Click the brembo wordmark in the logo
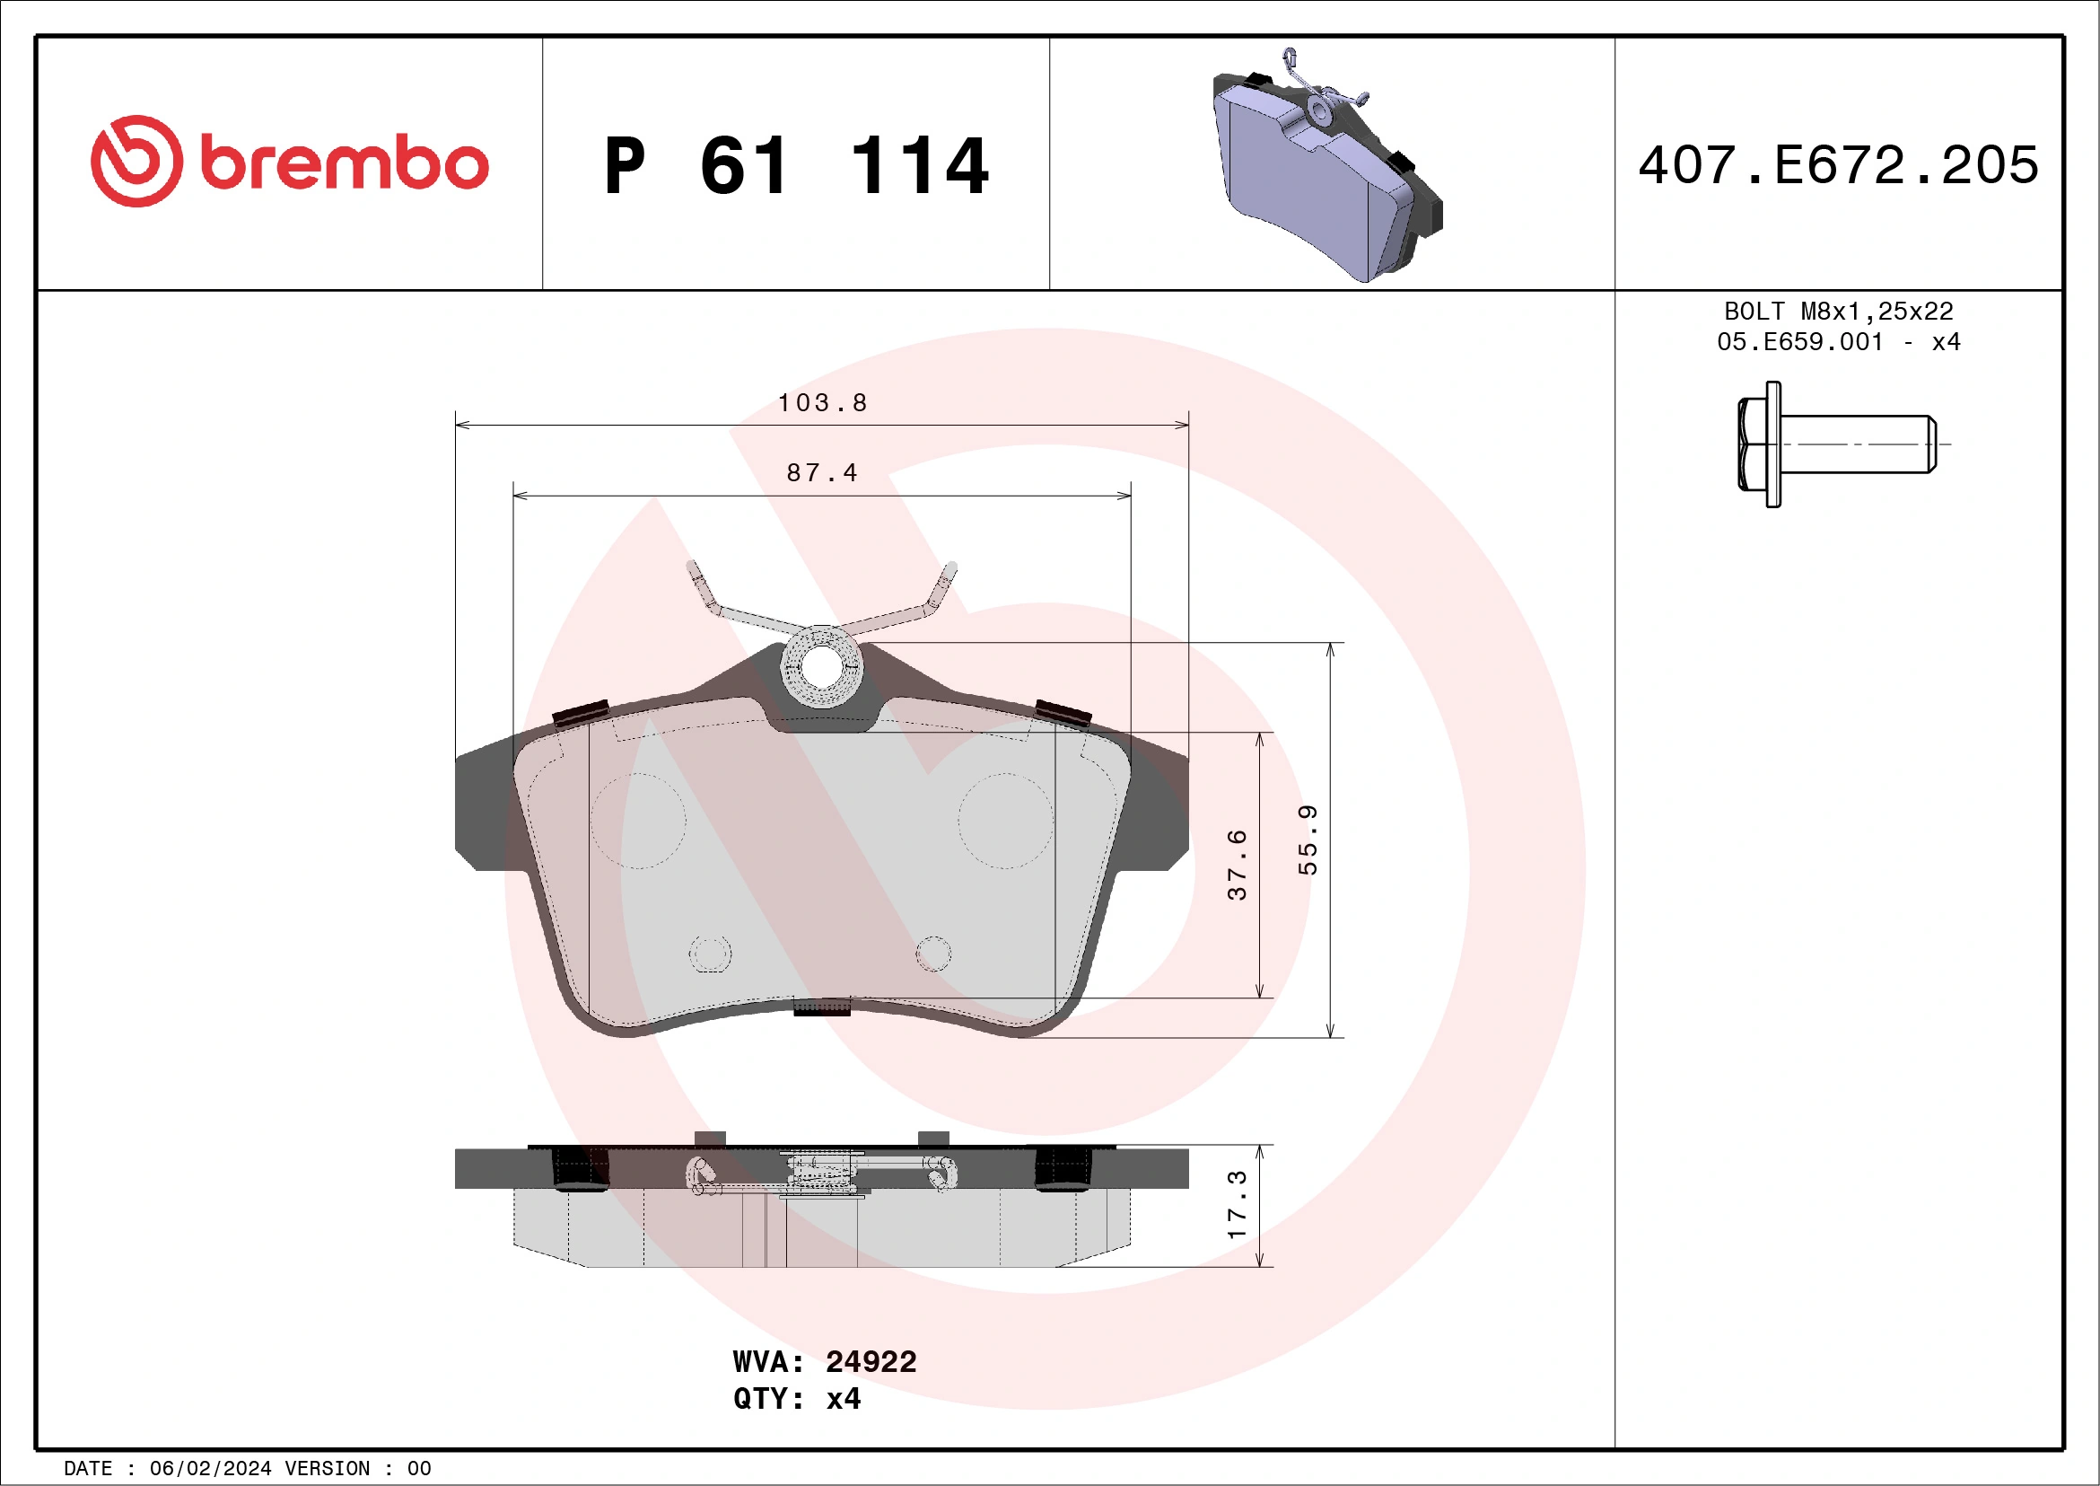pyautogui.click(x=344, y=163)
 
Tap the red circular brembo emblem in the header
pyautogui.click(x=136, y=161)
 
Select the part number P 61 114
pyautogui.click(x=796, y=166)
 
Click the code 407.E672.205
pyautogui.click(x=1839, y=164)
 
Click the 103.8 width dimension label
pyautogui.click(x=822, y=402)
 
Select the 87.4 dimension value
pyautogui.click(x=822, y=473)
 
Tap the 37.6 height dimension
pyautogui.click(x=1237, y=865)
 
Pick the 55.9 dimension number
pyautogui.click(x=1308, y=840)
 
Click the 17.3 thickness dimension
pyautogui.click(x=1237, y=1205)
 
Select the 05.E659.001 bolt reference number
pyautogui.click(x=1800, y=342)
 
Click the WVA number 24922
pyautogui.click(x=871, y=1361)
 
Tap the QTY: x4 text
pyautogui.click(x=797, y=1399)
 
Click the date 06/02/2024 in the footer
pyautogui.click(x=210, y=1469)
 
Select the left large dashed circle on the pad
pyautogui.click(x=637, y=821)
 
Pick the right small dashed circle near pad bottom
pyautogui.click(x=933, y=954)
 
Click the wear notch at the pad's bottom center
pyautogui.click(x=821, y=1007)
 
